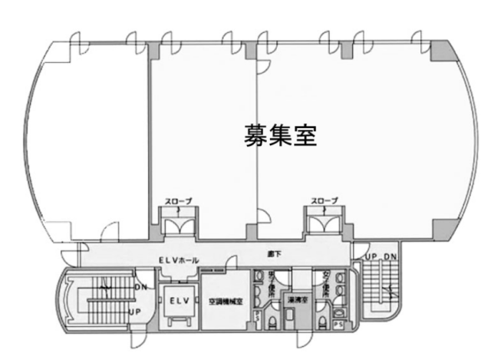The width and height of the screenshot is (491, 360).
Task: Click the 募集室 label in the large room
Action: click(281, 136)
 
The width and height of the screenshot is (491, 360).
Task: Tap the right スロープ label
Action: click(324, 201)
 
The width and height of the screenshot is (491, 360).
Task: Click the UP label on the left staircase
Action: click(135, 311)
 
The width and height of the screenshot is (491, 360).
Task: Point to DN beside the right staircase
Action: click(389, 256)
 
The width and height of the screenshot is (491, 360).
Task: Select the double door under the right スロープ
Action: click(324, 223)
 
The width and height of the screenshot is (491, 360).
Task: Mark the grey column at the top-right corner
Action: click(441, 51)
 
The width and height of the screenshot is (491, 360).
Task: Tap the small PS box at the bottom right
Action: click(339, 325)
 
